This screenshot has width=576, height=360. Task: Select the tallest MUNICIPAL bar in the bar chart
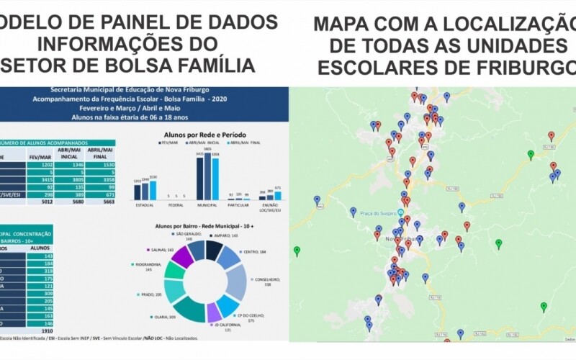pos(207,176)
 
